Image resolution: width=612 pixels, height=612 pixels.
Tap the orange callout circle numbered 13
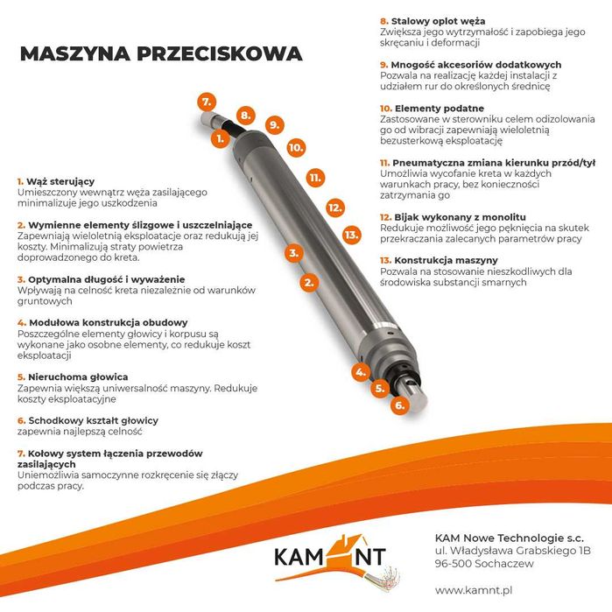(x=351, y=235)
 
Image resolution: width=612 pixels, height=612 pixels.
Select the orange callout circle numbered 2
(x=308, y=282)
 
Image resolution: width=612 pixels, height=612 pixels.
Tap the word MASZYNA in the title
(x=75, y=54)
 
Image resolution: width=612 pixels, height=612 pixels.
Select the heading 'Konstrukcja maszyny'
(x=445, y=260)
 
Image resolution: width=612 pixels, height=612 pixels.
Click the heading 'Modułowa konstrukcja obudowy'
(x=102, y=322)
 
